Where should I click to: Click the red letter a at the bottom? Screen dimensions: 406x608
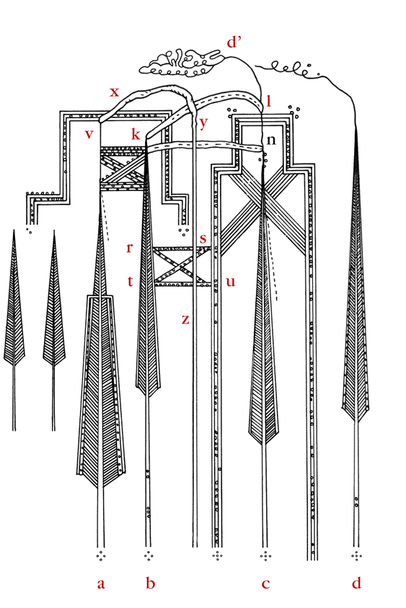pos(101,584)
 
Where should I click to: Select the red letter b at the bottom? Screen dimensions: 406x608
pos(150,581)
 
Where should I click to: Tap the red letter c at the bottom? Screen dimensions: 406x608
pos(265,584)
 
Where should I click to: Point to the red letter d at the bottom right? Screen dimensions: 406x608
pos(356,581)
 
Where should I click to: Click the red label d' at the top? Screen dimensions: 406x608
pos(234,42)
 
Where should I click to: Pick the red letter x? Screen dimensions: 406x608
pos(114,92)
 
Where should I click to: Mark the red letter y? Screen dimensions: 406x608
pos(203,123)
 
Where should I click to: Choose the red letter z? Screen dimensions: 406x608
pos(185,320)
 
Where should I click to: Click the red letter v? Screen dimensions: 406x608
pos(89,134)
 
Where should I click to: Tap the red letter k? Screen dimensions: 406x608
pos(135,133)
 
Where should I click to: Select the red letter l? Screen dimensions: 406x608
pos(268,101)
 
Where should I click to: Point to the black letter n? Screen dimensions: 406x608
pos(271,140)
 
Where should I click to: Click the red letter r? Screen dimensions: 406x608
pos(130,247)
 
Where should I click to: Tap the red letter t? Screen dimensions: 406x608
pos(131,281)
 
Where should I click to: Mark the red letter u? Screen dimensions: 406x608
pos(231,282)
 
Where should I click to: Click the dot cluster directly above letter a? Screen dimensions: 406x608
pos(101,556)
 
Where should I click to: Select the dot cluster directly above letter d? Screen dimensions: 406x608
pos(356,556)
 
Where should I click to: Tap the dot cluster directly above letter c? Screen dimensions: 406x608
pos(265,556)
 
